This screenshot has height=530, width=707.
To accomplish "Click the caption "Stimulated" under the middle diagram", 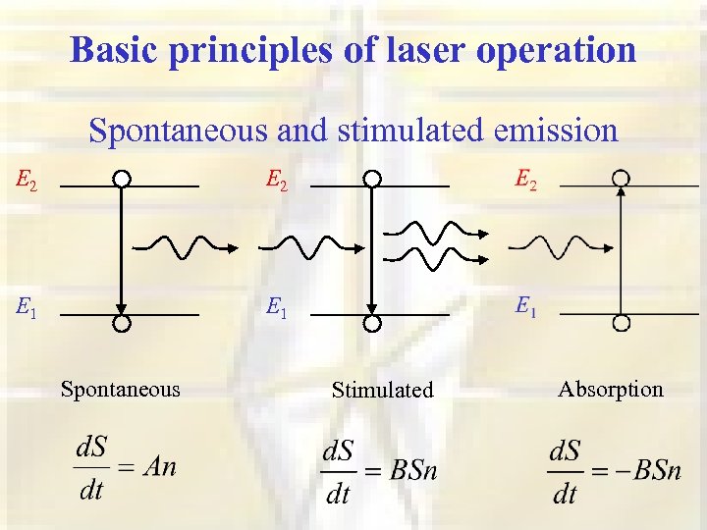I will pyautogui.click(x=382, y=390).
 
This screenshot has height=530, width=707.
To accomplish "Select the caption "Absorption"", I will pyautogui.click(x=611, y=389).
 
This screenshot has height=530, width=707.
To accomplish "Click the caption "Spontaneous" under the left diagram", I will pyautogui.click(x=121, y=389).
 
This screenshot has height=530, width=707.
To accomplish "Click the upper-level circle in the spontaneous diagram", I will pyautogui.click(x=121, y=179).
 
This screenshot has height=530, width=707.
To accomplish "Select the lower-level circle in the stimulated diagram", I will pyautogui.click(x=372, y=324).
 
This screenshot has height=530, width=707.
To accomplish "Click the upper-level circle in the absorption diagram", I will pyautogui.click(x=621, y=179).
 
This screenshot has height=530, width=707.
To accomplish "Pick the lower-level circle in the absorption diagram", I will pyautogui.click(x=621, y=324).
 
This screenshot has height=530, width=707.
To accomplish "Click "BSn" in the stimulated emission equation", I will pyautogui.click(x=412, y=471).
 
